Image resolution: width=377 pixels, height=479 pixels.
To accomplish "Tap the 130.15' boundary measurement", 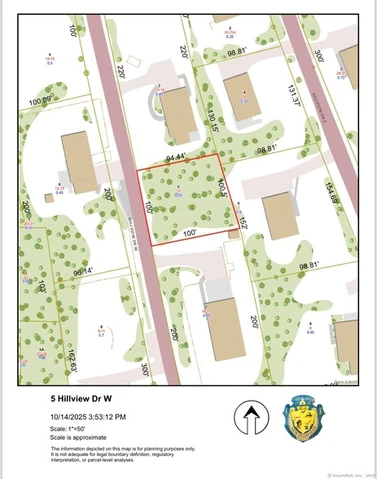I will point(212,122).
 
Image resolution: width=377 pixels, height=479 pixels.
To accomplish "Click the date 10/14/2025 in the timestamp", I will point(73,416).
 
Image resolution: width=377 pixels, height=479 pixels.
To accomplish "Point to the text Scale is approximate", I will point(79,437).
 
